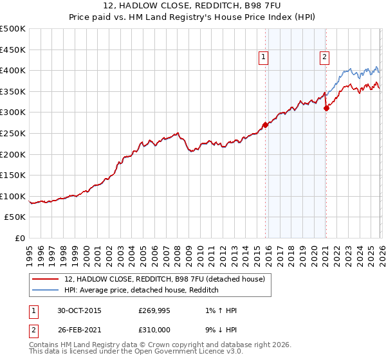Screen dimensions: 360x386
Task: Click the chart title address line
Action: pos(193,5)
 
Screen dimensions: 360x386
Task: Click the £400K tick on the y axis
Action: pos(13,70)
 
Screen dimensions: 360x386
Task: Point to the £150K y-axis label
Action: pos(13,175)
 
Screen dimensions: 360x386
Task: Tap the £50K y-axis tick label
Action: pos(15,217)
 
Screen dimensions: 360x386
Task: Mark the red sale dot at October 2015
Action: pos(266,125)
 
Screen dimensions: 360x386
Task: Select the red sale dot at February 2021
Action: pos(326,108)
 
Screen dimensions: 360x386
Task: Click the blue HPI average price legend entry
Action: pos(142,291)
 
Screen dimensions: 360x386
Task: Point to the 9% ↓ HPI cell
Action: pos(219,331)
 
